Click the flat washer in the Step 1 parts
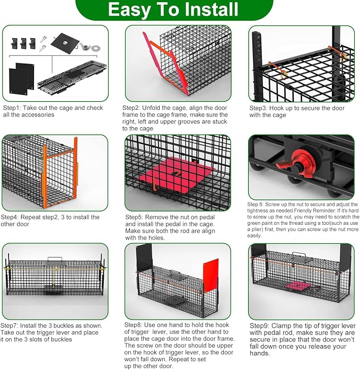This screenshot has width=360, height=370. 95,48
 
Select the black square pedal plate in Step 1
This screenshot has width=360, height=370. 65,43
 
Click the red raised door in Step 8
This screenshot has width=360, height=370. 211,275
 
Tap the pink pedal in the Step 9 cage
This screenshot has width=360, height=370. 297,286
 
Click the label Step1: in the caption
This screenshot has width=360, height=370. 12,108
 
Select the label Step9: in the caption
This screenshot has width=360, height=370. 259,326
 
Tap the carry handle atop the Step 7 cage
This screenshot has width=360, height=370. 55,260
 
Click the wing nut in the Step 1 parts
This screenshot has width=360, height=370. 85,46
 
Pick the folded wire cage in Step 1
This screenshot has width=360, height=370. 72,77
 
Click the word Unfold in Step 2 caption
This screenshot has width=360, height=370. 151,108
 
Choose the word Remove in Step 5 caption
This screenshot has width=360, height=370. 155,217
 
